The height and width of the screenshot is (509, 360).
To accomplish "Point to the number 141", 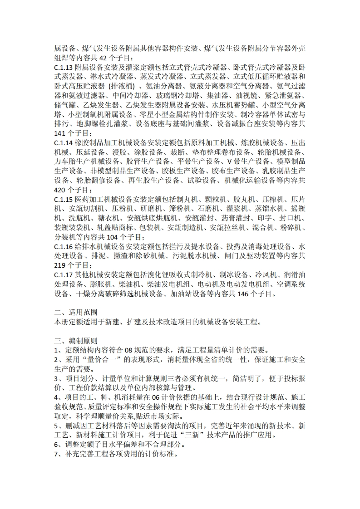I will [x=60, y=133].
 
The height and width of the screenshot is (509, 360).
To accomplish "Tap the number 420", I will [x=60, y=190].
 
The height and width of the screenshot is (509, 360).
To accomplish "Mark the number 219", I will [x=60, y=265].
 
